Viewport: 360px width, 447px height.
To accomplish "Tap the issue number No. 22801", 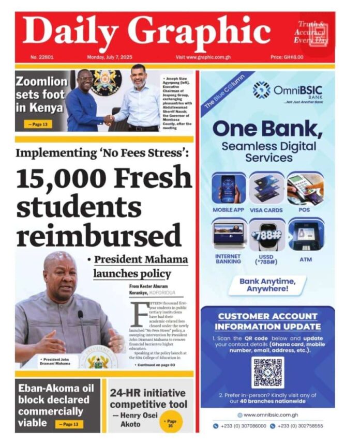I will (x=41, y=57).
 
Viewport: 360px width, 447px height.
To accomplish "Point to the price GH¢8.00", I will (x=287, y=57).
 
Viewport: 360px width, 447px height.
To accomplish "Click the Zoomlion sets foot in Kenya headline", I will (x=40, y=95).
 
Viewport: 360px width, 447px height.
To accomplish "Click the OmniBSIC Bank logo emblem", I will (x=261, y=90).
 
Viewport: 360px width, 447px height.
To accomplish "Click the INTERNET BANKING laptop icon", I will (x=229, y=234).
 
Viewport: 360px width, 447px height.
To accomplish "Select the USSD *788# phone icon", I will (x=267, y=234).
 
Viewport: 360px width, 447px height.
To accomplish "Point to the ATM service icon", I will (x=305, y=234).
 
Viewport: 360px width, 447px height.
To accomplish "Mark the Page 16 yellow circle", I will (x=171, y=423).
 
